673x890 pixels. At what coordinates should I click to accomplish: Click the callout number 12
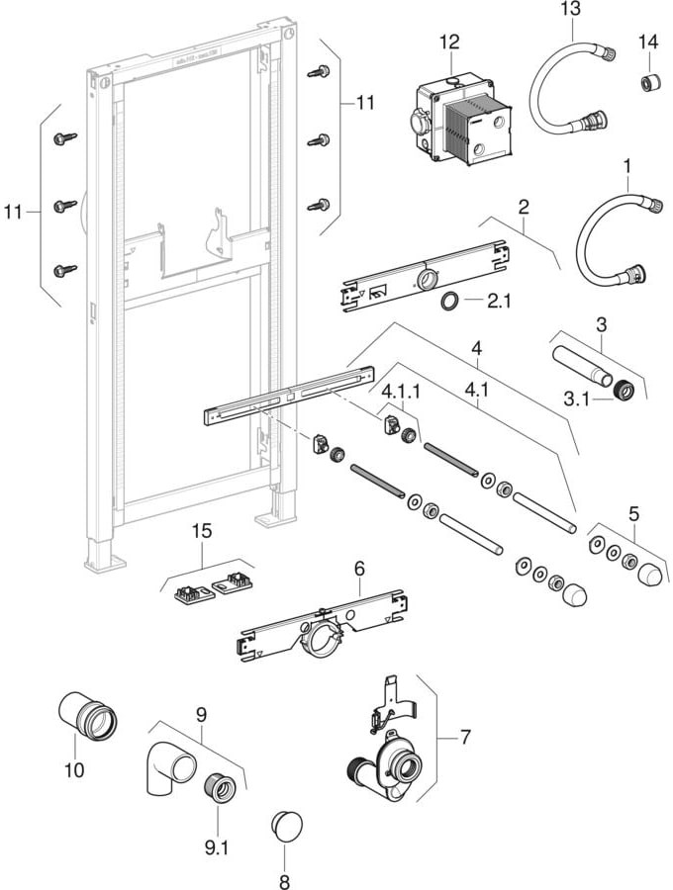(x=450, y=42)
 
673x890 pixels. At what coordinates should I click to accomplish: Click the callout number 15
(x=202, y=531)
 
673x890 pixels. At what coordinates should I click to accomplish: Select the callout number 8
(x=285, y=876)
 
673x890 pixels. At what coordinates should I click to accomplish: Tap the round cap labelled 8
(x=286, y=825)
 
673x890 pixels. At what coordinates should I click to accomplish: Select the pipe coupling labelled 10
(x=87, y=717)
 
